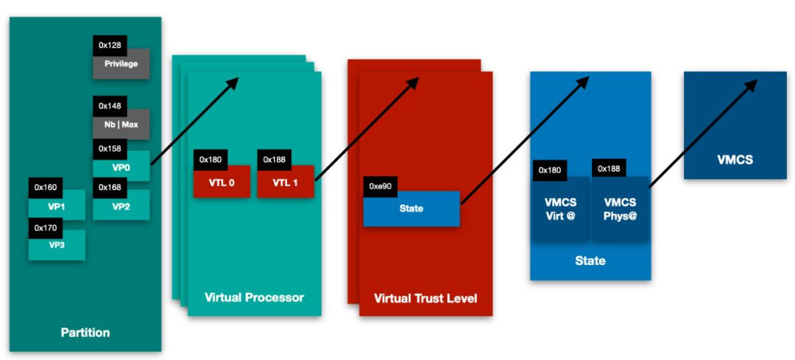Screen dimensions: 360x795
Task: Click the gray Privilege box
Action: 121,64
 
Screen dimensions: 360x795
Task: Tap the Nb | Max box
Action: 121,124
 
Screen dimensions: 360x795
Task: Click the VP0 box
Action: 121,167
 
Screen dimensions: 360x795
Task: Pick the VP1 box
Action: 57,207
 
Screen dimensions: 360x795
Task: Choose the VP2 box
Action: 121,207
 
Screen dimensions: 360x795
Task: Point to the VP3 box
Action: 57,246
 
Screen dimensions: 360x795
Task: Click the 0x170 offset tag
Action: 45,228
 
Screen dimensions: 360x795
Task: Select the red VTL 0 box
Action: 222,183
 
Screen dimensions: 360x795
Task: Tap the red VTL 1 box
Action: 286,183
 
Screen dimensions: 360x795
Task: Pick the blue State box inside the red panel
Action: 411,208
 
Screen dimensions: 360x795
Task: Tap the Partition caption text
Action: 85,333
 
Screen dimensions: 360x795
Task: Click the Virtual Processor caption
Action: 254,298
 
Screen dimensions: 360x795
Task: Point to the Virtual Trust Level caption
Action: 425,298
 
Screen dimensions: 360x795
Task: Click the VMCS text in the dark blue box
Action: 735,159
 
